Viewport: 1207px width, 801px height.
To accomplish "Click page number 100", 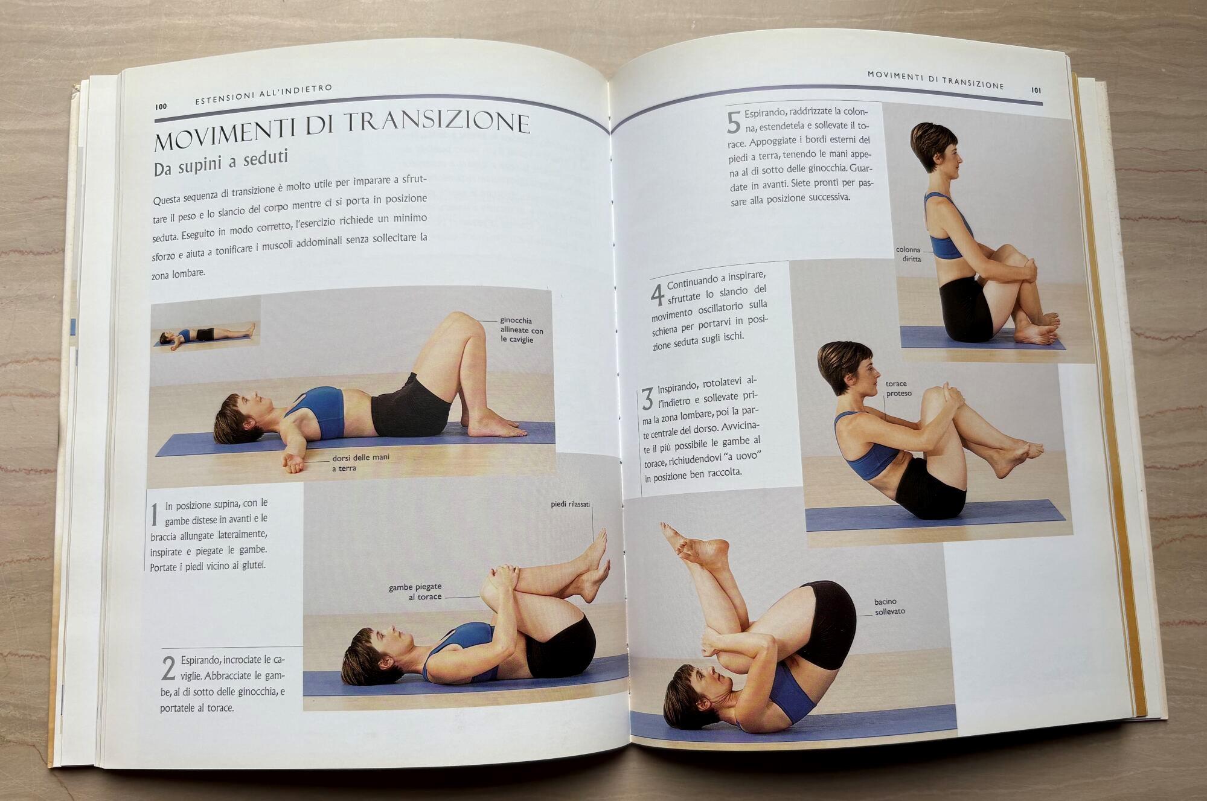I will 161,106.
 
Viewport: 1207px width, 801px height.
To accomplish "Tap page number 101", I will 1036,91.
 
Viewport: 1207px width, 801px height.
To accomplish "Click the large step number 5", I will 733,123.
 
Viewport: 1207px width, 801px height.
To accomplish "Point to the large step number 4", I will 657,294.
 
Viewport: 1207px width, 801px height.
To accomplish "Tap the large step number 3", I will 647,399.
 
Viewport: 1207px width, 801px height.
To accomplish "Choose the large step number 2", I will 168,668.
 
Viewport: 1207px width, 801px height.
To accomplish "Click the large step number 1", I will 154,514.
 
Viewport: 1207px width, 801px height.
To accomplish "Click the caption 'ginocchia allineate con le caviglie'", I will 521,330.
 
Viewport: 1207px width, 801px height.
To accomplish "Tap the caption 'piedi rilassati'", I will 570,504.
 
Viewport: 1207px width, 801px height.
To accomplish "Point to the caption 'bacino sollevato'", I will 889,607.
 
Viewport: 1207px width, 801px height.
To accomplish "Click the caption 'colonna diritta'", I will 909,254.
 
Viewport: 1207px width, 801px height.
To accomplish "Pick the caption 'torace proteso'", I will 898,388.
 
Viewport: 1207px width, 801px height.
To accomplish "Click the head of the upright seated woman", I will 933,152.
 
